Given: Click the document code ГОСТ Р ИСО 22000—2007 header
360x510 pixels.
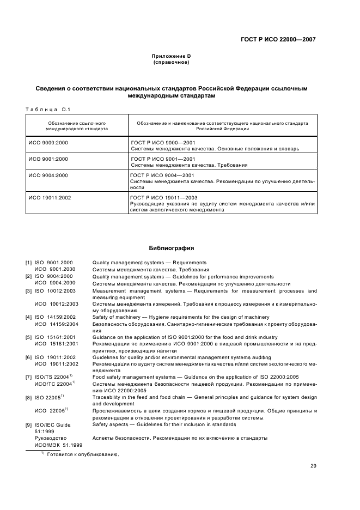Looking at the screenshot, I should coord(278,39).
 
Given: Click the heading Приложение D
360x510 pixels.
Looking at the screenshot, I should coord(171,56).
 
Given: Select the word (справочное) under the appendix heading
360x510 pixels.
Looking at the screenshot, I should coord(171,62).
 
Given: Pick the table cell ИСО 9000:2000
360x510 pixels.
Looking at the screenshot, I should coord(48,142).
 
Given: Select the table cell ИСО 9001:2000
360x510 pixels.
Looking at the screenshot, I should coord(48,159).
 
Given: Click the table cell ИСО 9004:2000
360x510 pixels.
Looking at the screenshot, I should coord(48,175).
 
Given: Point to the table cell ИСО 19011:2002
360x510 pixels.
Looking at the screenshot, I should coord(50,198).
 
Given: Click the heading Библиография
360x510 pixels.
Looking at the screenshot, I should coord(171,248).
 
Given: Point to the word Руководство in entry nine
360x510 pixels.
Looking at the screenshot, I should coord(50,438).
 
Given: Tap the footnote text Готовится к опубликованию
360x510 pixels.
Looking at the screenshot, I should coord(83,454).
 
